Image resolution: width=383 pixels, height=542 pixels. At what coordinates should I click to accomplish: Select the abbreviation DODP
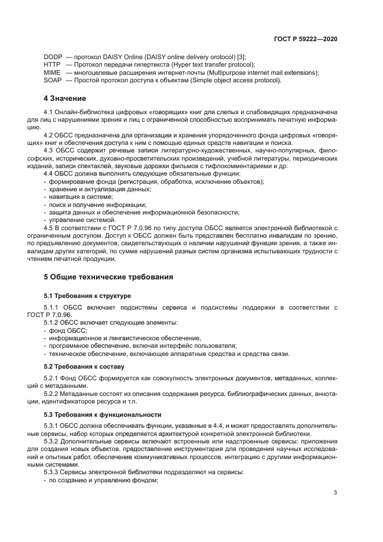point(53,56)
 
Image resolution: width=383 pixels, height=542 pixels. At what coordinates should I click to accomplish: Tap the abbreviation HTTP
point(52,64)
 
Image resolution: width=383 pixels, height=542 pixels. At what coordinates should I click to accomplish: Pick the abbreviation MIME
point(52,72)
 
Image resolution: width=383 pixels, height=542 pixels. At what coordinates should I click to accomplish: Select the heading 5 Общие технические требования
point(109,277)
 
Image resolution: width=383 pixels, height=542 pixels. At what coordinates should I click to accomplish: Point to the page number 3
point(335,493)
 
